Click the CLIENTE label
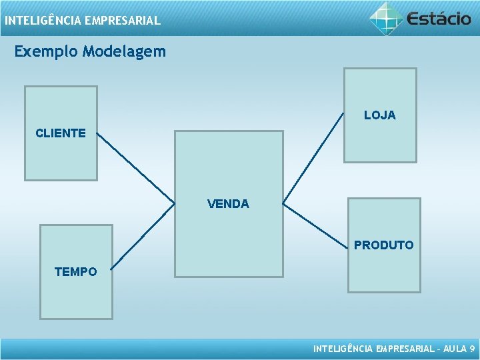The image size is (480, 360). [60, 133]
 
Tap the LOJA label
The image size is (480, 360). [379, 115]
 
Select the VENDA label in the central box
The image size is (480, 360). [228, 204]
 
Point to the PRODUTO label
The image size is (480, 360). [383, 245]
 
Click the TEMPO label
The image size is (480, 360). [75, 272]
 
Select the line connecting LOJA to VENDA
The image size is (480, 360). [313, 159]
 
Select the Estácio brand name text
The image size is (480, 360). [439, 18]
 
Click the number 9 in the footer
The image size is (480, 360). [472, 349]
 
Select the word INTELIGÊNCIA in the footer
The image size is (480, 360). [343, 349]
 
